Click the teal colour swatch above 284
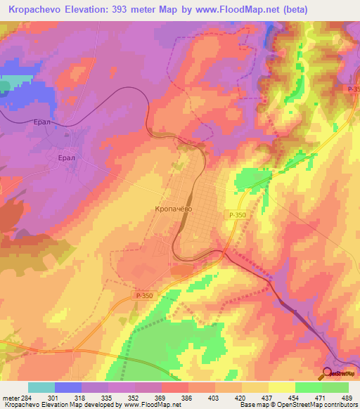[x=41, y=387]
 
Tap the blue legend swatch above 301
[x=67, y=387]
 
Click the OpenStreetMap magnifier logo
[x=328, y=372]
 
